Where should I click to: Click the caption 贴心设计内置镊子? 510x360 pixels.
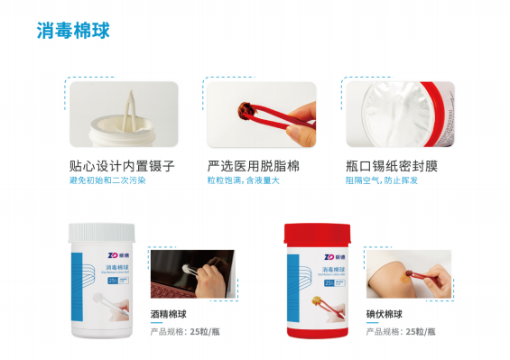[121, 167]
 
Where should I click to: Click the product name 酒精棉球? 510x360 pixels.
[170, 316]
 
